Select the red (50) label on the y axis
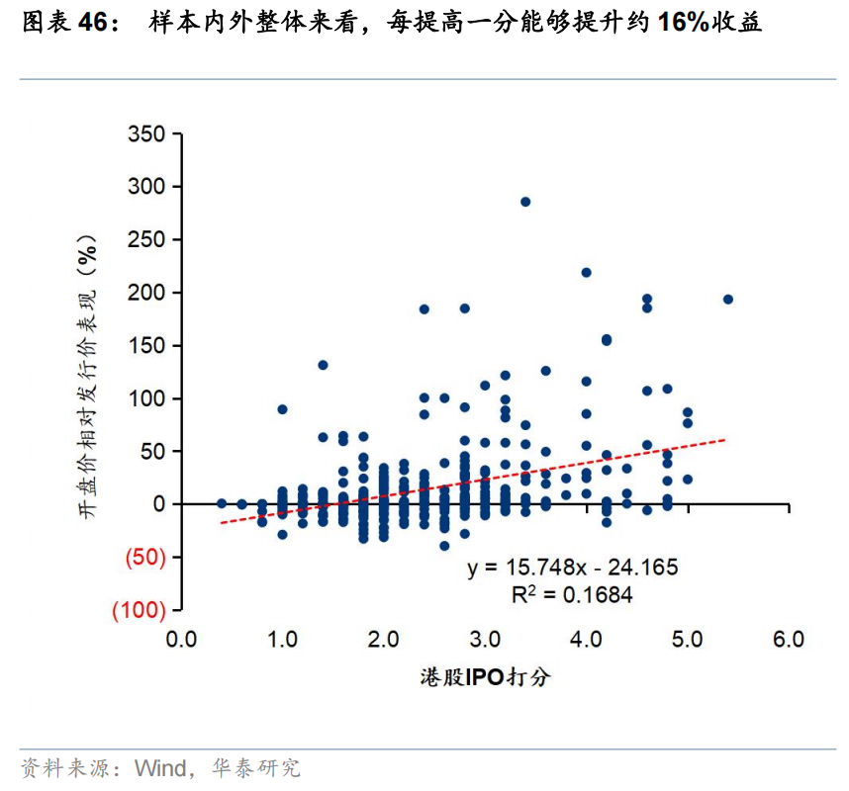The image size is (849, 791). [x=143, y=558]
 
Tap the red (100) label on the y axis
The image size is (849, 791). [x=139, y=611]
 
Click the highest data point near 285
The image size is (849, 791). [x=525, y=202]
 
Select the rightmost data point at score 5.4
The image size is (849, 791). [x=727, y=299]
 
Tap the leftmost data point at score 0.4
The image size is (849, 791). [x=222, y=503]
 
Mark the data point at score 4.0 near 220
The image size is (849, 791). [x=586, y=272]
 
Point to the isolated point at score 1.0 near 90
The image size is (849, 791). [x=282, y=408]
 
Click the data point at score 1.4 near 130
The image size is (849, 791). [x=323, y=365]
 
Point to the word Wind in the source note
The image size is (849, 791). [x=159, y=768]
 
